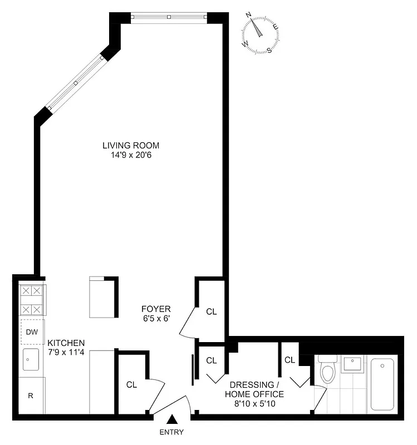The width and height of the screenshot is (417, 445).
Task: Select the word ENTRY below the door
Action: pyautogui.click(x=171, y=432)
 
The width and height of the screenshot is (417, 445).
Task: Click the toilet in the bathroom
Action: pyautogui.click(x=327, y=370)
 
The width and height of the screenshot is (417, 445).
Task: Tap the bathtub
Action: pyautogui.click(x=382, y=384)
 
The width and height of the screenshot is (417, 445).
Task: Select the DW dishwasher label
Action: pyautogui.click(x=32, y=332)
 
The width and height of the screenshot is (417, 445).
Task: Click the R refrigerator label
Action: pyautogui.click(x=31, y=396)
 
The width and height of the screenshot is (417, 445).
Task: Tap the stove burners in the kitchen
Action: pyautogui.click(x=32, y=300)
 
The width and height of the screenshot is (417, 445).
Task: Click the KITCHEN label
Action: pyautogui.click(x=66, y=343)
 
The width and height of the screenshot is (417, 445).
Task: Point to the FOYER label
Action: pyautogui.click(x=156, y=309)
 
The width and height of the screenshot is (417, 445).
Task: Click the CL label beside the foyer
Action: pyautogui.click(x=211, y=311)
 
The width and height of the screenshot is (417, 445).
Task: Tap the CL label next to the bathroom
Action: pyautogui.click(x=290, y=360)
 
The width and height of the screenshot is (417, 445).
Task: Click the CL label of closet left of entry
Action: pyautogui.click(x=131, y=384)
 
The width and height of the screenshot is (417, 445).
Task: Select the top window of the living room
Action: pyautogui.click(x=169, y=17)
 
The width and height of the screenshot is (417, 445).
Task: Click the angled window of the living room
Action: pyautogui.click(x=75, y=83)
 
